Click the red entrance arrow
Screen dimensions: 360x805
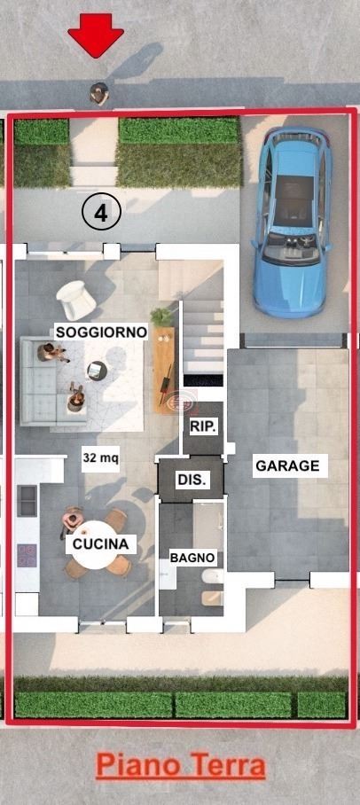[x=96, y=34]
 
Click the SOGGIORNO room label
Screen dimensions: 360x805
[x=101, y=332]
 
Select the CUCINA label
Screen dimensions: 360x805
[x=101, y=543]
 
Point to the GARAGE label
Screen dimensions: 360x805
[x=287, y=465]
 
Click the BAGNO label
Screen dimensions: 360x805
[x=192, y=558]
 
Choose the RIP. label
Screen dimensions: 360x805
[x=203, y=426]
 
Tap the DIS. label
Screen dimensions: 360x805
[x=192, y=480]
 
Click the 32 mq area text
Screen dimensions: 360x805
[x=101, y=455]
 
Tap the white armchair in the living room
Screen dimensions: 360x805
[x=75, y=300]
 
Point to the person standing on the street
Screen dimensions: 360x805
[x=99, y=93]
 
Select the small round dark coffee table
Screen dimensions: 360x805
[x=97, y=369]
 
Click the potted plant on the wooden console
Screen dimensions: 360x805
[x=161, y=316]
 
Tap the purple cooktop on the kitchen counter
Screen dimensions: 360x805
[x=27, y=555]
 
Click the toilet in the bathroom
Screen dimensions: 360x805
[x=213, y=576]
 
